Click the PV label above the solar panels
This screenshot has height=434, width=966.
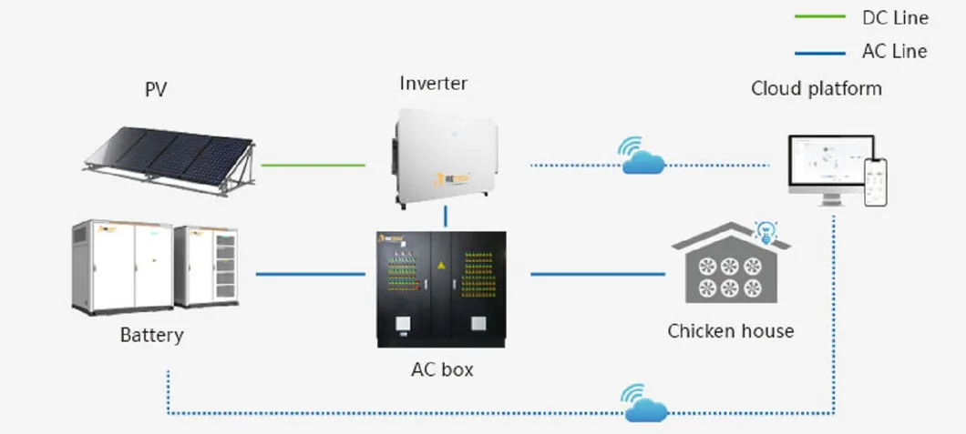[x=156, y=89]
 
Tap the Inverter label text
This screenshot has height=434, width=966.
[x=433, y=84]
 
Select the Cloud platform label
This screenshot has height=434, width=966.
[x=816, y=88]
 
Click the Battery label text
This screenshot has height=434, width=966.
[x=151, y=335]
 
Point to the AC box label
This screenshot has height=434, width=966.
[x=442, y=370]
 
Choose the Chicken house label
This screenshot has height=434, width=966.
[x=730, y=330]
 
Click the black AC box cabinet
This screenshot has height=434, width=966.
[x=442, y=289]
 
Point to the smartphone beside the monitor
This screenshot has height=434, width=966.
[x=876, y=181]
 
